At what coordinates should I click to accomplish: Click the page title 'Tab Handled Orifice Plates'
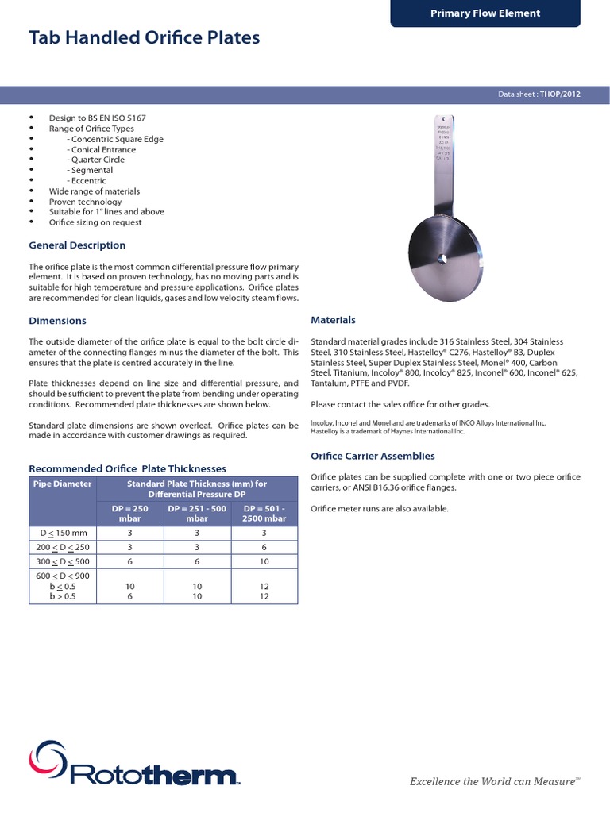[144, 37]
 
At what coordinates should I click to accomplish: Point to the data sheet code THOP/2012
[561, 94]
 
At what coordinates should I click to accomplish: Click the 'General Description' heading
[77, 245]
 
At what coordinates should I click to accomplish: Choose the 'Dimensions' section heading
[57, 321]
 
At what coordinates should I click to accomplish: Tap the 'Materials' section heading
[333, 320]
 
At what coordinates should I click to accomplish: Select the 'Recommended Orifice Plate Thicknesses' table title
[127, 468]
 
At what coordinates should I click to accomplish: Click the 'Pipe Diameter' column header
[62, 484]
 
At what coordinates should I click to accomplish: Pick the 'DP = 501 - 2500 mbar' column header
[264, 513]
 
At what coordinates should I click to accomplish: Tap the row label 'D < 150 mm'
[63, 533]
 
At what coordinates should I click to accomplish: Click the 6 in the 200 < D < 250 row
[264, 548]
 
